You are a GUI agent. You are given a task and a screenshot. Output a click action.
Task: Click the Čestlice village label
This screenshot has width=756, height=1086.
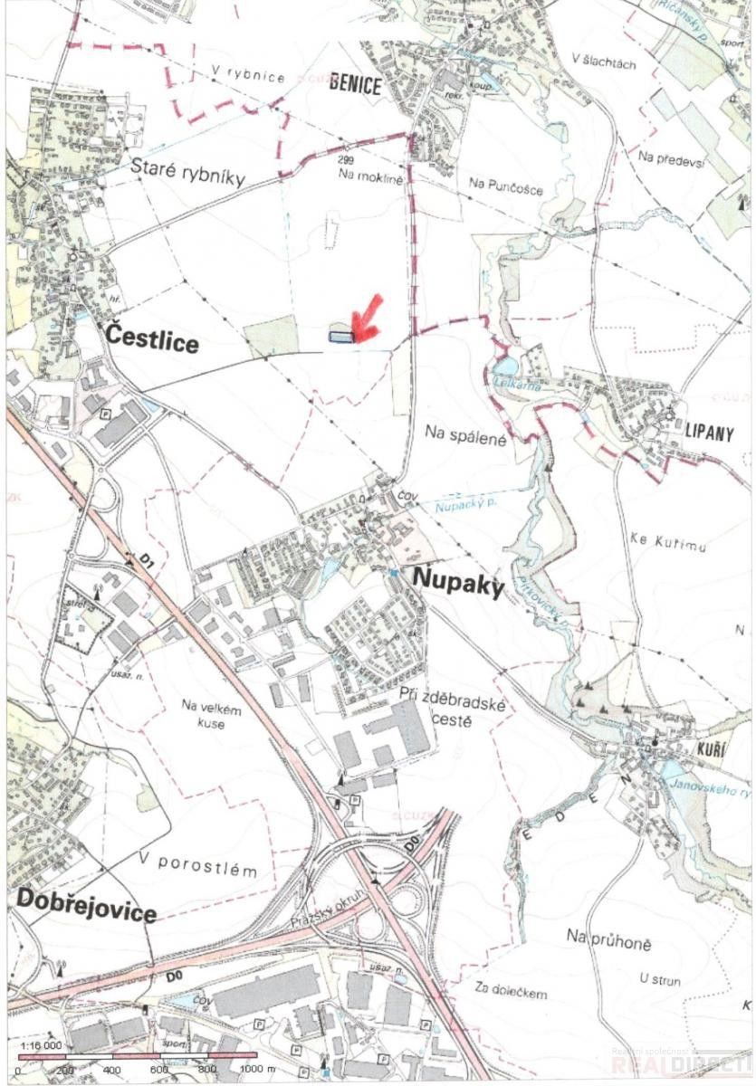(151, 340)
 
